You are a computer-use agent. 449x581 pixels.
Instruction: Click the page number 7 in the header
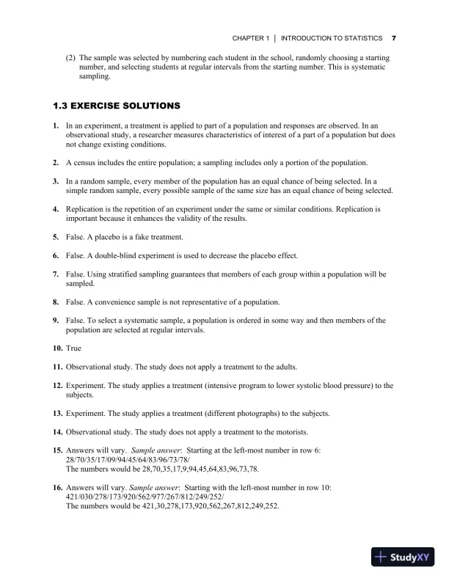[x=394, y=37]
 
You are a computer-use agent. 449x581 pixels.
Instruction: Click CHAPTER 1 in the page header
[x=251, y=37]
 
